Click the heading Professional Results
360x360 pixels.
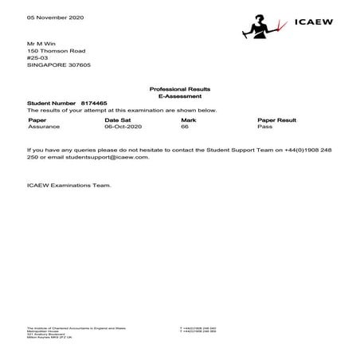(180, 88)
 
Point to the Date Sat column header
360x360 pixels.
(118, 119)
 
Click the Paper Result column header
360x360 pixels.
(277, 119)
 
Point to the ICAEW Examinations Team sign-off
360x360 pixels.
(68, 186)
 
